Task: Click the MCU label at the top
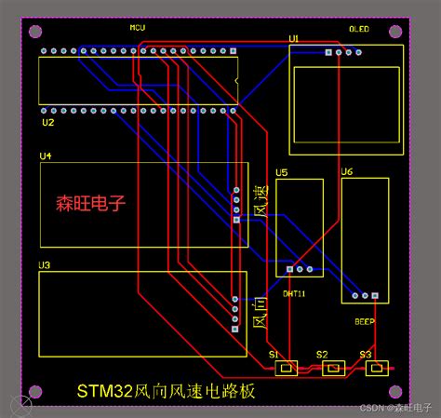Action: point(138,28)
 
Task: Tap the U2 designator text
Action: point(48,122)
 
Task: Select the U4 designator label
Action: point(46,155)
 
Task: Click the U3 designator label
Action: point(44,265)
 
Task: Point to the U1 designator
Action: point(294,37)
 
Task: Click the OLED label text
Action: point(358,29)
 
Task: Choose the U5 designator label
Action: point(282,172)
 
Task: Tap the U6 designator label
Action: point(346,172)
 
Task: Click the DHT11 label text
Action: point(294,292)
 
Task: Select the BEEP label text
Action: point(365,321)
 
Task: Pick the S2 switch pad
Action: point(332,369)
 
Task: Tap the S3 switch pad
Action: point(376,369)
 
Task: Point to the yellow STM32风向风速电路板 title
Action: point(166,391)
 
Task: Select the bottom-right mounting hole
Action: point(400,391)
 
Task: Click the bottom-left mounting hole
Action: point(34,391)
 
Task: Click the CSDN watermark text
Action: point(396,408)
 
